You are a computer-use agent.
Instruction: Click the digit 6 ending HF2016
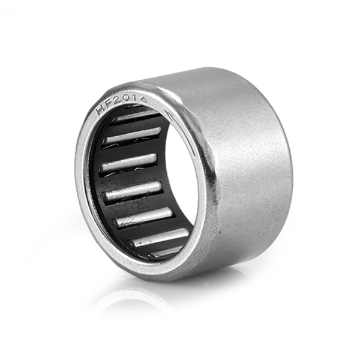[x=143, y=99]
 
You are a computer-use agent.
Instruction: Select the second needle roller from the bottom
[x=159, y=238]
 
